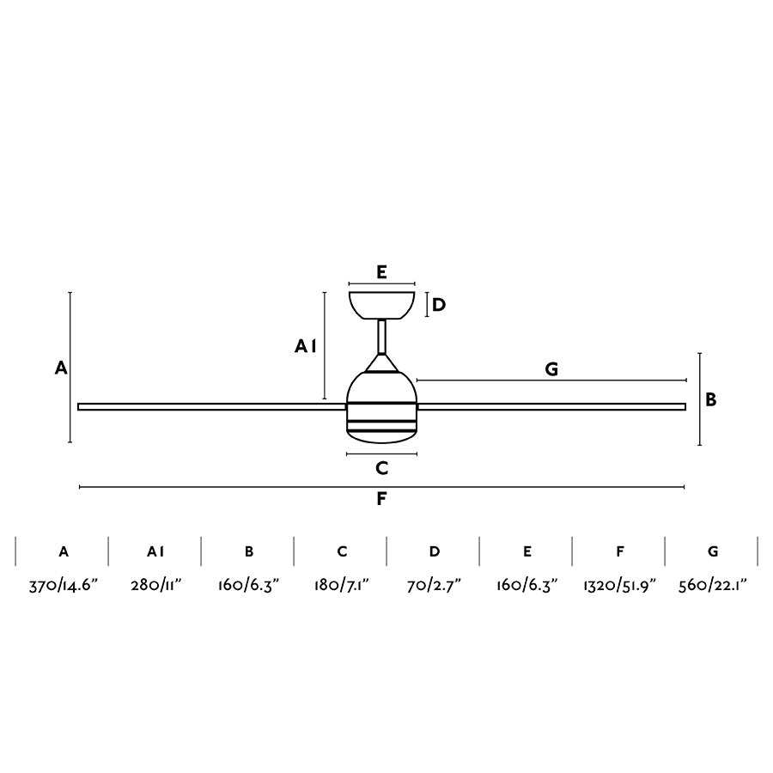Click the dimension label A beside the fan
(x=60, y=368)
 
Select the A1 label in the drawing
(x=306, y=346)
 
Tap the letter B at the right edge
(x=711, y=399)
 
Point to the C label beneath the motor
(x=382, y=468)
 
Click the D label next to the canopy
(x=439, y=305)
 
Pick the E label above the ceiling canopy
(x=382, y=272)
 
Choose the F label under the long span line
(x=382, y=500)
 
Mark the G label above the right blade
(x=551, y=369)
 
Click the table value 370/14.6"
(x=64, y=586)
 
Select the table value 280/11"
(x=155, y=586)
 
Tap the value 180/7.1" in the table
(x=341, y=586)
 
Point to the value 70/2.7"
(x=434, y=586)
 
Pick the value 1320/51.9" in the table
(x=619, y=586)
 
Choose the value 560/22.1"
(x=713, y=586)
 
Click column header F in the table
(x=619, y=551)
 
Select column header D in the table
(x=434, y=551)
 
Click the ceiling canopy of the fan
(x=382, y=304)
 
